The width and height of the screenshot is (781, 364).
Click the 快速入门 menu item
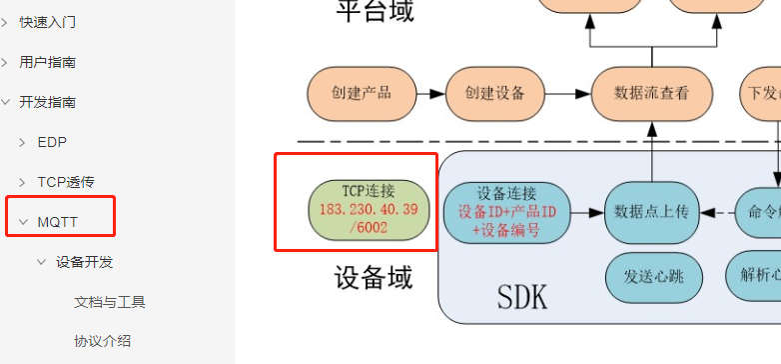48,22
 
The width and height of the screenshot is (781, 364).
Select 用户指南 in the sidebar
48,62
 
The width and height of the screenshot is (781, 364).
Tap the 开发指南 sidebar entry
48,102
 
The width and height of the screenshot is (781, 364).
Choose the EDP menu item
52,142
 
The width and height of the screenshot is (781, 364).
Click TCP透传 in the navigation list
66,182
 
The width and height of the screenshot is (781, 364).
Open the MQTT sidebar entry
58,222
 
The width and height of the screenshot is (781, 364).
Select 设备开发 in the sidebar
85,262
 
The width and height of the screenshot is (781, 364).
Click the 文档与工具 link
110,302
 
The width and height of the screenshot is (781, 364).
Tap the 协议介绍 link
102,341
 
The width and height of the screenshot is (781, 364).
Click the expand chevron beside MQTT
22,222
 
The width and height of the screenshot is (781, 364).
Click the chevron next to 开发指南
5,102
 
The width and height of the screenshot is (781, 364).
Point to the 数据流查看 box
651,93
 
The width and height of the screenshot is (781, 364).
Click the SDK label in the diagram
521,296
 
